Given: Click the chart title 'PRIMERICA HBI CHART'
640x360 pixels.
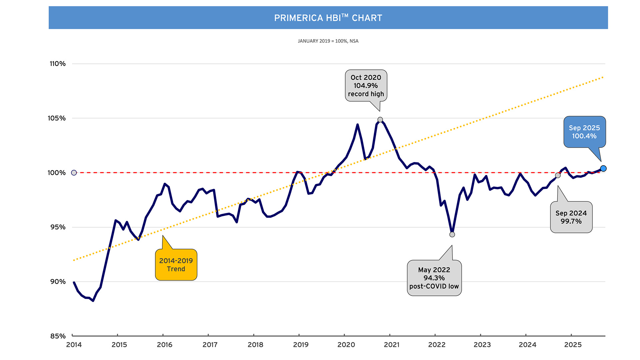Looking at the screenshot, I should pyautogui.click(x=328, y=18).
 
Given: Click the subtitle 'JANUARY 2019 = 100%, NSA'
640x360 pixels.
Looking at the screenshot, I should pyautogui.click(x=328, y=41).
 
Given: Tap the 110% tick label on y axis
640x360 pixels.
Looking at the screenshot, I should pyautogui.click(x=58, y=64).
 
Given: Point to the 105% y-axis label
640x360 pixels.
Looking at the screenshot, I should pyautogui.click(x=57, y=118).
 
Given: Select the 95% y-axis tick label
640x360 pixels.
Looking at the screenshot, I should pyautogui.click(x=58, y=227).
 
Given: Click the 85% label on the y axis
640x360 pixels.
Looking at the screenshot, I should pyautogui.click(x=58, y=336).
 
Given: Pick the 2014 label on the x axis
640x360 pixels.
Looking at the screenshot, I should pyautogui.click(x=74, y=345).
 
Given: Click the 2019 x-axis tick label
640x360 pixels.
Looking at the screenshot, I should pyautogui.click(x=301, y=345).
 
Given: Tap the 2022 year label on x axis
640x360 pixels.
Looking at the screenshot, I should pyautogui.click(x=437, y=345).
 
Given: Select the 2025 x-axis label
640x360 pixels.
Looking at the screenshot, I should pyautogui.click(x=573, y=345).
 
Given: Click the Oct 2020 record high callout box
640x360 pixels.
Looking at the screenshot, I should pyautogui.click(x=366, y=86).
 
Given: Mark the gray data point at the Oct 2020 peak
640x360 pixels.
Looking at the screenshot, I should pyautogui.click(x=380, y=120).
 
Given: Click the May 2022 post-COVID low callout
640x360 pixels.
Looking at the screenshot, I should pyautogui.click(x=434, y=278).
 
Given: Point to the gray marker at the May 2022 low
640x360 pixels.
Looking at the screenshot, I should pyautogui.click(x=452, y=235).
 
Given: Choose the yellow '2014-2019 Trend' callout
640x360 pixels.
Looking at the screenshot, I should pyautogui.click(x=176, y=265).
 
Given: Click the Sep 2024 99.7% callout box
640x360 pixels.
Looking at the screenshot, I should pyautogui.click(x=571, y=217).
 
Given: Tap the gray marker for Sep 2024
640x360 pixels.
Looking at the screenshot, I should pyautogui.click(x=558, y=175).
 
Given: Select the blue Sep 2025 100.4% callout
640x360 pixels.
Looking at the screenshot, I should pyautogui.click(x=584, y=132).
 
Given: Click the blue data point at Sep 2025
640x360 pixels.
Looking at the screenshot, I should pyautogui.click(x=603, y=168).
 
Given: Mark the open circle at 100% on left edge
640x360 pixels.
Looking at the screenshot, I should pyautogui.click(x=74, y=173).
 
